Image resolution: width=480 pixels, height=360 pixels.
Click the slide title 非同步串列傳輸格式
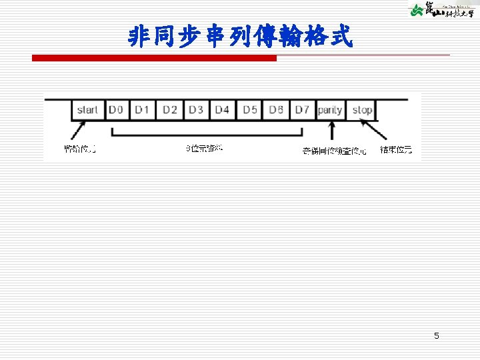point(240,37)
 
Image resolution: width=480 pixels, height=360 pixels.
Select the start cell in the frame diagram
point(88,109)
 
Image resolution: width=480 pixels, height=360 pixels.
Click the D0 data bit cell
point(117,109)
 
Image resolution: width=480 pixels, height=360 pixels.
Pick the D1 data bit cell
point(142,109)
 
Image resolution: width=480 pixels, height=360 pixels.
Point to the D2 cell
point(169,109)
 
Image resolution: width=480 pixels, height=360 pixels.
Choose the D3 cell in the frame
point(195,109)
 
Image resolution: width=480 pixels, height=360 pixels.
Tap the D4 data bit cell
point(222,109)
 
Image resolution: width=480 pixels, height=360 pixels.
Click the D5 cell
point(249,109)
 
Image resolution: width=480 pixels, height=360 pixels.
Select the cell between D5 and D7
point(276,109)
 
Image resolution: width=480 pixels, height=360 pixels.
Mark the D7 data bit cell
point(302,109)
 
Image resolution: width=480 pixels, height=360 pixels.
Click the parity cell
point(330,109)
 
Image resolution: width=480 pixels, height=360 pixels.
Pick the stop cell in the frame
point(362,109)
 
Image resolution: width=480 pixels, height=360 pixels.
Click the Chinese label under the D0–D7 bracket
point(204,148)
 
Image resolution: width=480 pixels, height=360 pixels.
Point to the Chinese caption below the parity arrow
point(334,151)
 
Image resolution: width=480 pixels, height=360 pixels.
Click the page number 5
point(437,336)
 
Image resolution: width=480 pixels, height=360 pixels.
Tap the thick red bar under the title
point(154,59)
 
